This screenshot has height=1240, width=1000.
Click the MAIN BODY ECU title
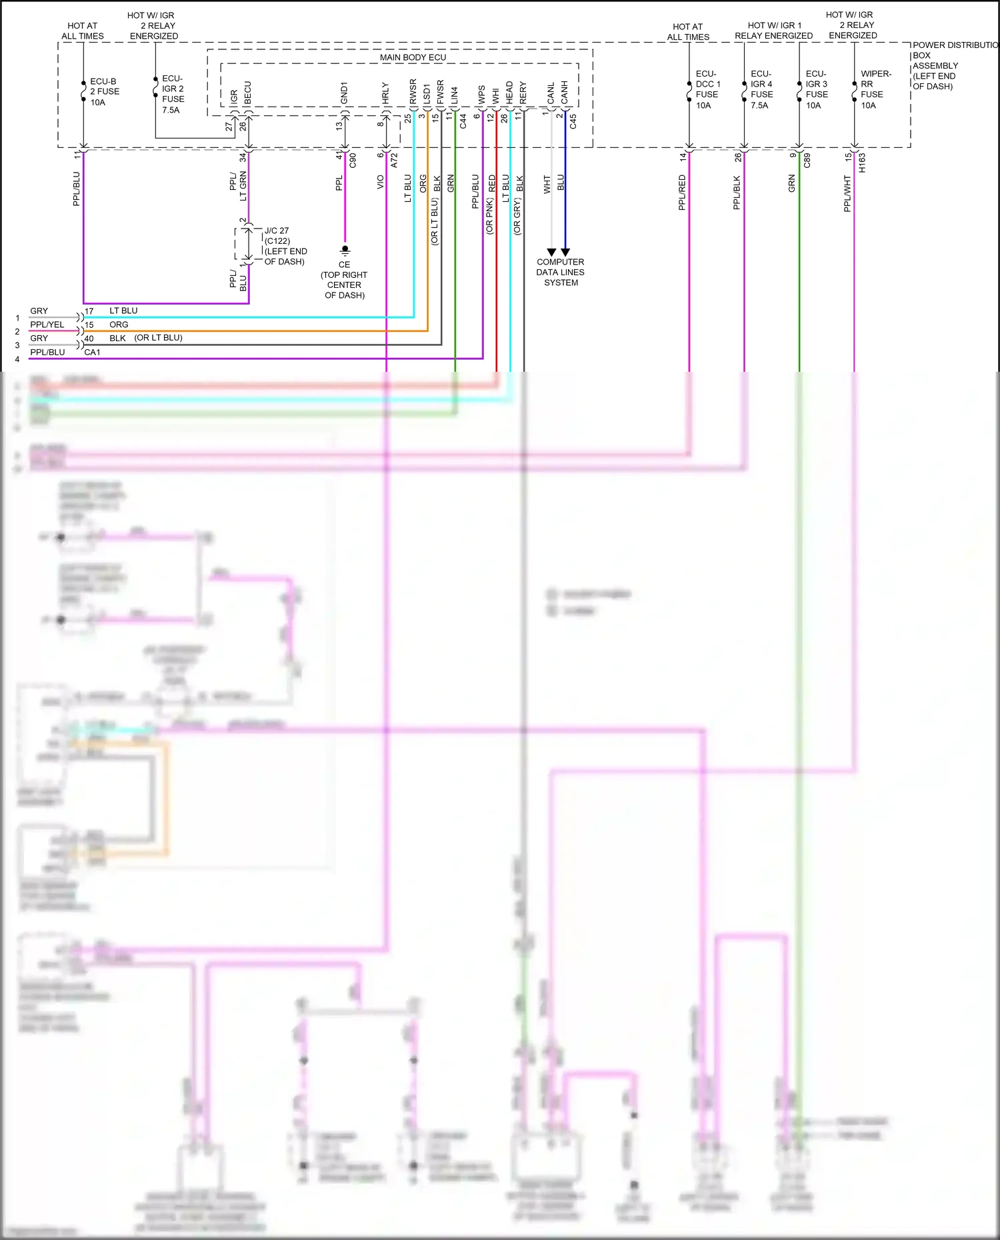[x=413, y=57]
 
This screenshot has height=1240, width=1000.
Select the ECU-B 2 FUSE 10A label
[x=104, y=92]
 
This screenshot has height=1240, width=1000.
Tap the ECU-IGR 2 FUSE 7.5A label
[x=173, y=94]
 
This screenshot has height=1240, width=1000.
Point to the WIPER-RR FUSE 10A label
[x=875, y=89]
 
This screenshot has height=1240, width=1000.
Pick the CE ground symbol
[x=345, y=251]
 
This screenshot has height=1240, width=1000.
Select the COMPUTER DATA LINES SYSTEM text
[x=560, y=272]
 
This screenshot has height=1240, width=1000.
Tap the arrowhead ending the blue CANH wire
[x=565, y=253]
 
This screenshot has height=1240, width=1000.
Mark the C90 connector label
[x=353, y=160]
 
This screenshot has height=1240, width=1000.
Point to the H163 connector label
[x=861, y=163]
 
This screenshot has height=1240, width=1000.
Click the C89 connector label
[x=807, y=160]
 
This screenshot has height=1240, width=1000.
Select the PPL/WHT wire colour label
[x=847, y=194]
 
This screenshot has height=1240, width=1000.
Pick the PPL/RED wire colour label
[x=682, y=193]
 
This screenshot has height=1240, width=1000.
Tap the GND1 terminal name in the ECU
[x=344, y=93]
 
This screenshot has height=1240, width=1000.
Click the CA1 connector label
[x=92, y=352]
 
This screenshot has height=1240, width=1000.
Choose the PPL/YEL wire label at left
[x=47, y=324]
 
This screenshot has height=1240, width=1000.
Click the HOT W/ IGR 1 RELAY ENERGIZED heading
[x=773, y=31]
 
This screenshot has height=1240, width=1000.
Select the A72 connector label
[x=394, y=160]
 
